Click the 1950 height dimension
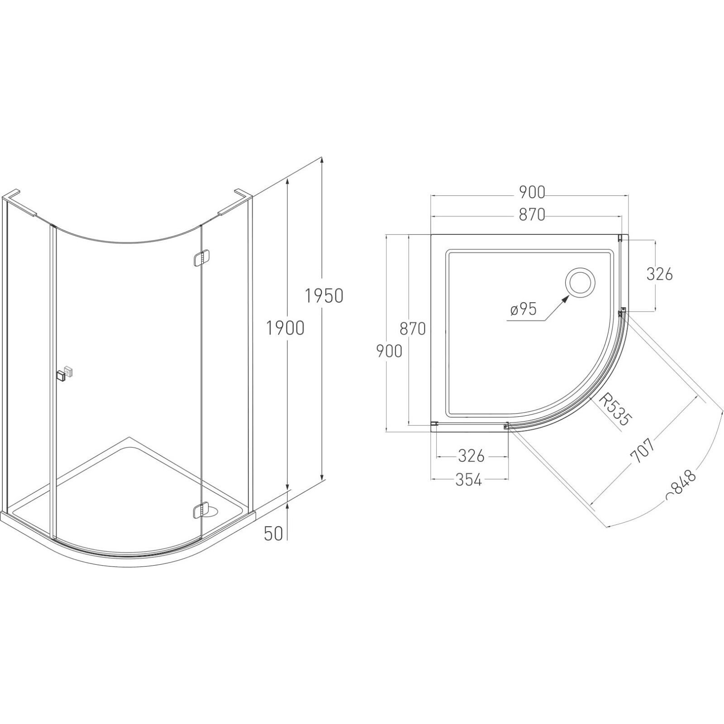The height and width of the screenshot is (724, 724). (324, 296)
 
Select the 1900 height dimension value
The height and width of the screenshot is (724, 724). (285, 328)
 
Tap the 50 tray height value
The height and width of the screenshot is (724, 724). (273, 534)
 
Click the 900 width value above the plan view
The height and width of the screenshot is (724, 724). (532, 192)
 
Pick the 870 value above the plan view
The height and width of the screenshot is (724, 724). (532, 214)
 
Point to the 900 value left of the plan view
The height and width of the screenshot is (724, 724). (389, 351)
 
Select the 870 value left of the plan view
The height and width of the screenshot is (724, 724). (413, 329)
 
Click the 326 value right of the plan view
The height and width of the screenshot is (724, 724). (659, 274)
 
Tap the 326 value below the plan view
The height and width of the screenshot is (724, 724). (471, 456)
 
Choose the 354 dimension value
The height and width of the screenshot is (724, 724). (468, 479)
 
